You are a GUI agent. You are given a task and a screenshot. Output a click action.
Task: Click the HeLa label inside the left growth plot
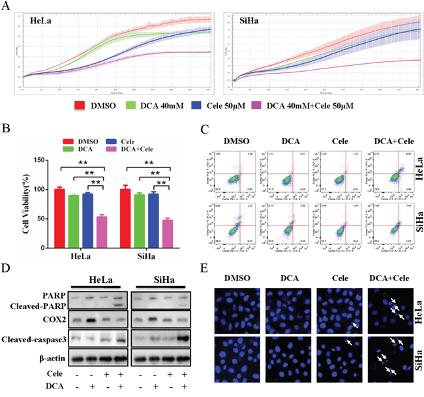coord(42,22)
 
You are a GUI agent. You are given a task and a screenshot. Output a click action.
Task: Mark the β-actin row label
coord(49,357)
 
